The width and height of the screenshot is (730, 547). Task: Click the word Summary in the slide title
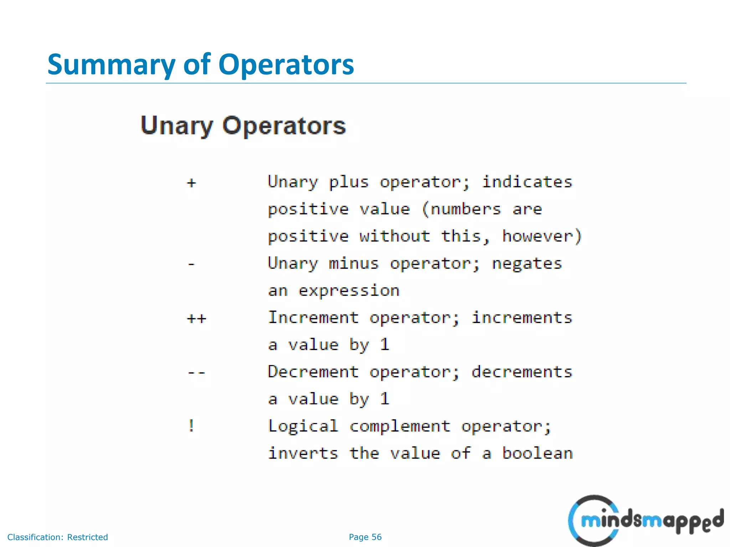[x=111, y=65]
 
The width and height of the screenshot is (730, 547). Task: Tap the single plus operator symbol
[x=191, y=183]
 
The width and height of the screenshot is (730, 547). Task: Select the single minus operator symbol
[x=191, y=264]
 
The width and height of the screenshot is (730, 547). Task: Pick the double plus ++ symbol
[x=197, y=318]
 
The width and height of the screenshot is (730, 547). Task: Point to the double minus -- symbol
[x=197, y=373]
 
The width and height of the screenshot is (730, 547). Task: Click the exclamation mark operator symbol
[x=191, y=426]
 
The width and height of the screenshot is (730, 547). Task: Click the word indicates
[x=527, y=182]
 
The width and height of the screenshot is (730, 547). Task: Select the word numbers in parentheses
[x=466, y=209]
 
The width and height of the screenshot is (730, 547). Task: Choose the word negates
[x=527, y=264]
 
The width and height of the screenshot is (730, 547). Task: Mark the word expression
[x=349, y=291]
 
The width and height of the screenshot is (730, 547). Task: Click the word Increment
[x=313, y=318]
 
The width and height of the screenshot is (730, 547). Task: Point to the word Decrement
[x=313, y=372]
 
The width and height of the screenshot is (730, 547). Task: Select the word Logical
[x=303, y=426]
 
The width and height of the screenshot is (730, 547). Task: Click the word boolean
[x=537, y=453]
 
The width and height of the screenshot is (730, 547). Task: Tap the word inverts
[x=303, y=453]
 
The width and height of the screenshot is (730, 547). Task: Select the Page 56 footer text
[x=365, y=537]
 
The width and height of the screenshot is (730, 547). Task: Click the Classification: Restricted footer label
[x=57, y=537]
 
